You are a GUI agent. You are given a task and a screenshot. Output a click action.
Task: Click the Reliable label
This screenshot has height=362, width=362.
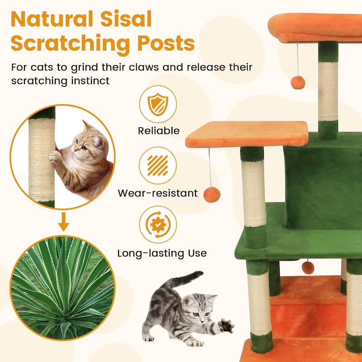coord(158,131)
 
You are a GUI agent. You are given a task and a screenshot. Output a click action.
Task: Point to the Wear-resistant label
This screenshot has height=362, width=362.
coord(157,193)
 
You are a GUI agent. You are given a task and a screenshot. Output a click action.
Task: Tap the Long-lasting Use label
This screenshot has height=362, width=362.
coord(162,253)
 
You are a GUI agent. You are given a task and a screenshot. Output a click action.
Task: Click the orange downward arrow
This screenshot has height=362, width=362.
coord(64,224)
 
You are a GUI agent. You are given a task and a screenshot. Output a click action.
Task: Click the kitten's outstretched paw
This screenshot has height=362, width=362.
coord(226,325)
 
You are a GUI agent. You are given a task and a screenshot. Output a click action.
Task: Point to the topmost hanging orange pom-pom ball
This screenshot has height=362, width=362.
coord(298,82)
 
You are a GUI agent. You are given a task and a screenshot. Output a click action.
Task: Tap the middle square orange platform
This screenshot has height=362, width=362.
coord(247,134)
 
